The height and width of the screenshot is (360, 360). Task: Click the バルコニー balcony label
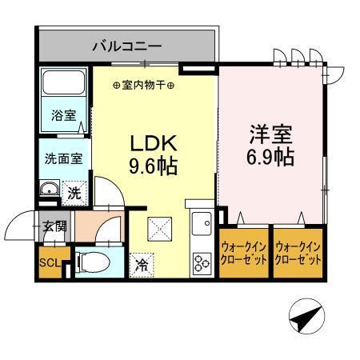[126, 44]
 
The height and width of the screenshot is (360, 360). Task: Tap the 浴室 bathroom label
[65, 114]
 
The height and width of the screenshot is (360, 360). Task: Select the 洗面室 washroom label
[63, 158]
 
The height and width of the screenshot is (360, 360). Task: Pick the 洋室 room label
[270, 133]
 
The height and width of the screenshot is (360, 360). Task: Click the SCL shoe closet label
[47, 262]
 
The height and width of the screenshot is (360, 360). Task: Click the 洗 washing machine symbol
[74, 192]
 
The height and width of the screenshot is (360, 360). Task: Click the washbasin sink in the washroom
[48, 190]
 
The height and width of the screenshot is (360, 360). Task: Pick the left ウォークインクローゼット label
[243, 254]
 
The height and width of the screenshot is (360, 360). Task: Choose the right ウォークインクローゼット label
[298, 254]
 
